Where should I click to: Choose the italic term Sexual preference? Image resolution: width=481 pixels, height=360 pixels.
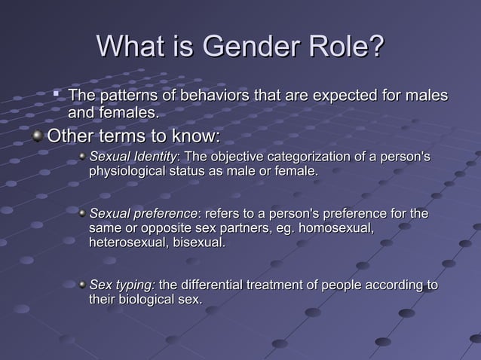pos(140,215)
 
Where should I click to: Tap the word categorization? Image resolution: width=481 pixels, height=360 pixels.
pos(308,157)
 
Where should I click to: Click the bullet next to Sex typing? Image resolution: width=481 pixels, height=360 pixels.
pos(82,285)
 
